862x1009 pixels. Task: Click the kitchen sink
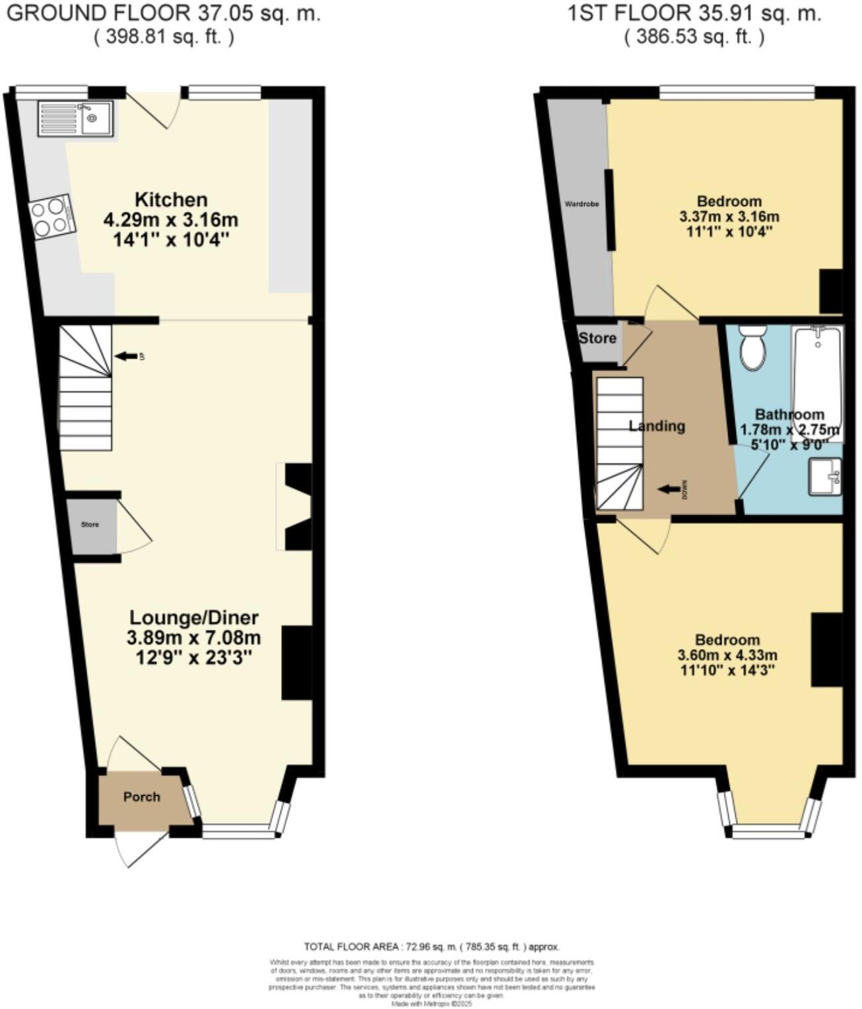click(x=76, y=119)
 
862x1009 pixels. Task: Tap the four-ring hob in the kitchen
click(x=51, y=216)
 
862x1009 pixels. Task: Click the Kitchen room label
click(x=171, y=199)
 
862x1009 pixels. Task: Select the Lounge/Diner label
click(x=193, y=618)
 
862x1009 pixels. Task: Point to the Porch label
click(x=142, y=797)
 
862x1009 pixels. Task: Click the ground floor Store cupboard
click(x=91, y=525)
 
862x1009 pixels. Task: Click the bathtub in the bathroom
click(x=818, y=376)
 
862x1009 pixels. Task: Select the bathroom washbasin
click(x=825, y=476)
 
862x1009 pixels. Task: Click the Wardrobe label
click(x=581, y=204)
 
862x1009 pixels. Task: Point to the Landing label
click(x=657, y=426)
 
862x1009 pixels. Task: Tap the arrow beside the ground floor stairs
click(x=125, y=357)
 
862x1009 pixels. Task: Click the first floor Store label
click(x=597, y=339)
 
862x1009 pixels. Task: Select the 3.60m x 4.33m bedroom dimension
click(x=727, y=656)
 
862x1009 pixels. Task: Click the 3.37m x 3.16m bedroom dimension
click(x=729, y=217)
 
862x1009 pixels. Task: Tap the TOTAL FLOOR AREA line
click(x=432, y=947)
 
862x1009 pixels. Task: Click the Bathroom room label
click(x=789, y=415)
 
